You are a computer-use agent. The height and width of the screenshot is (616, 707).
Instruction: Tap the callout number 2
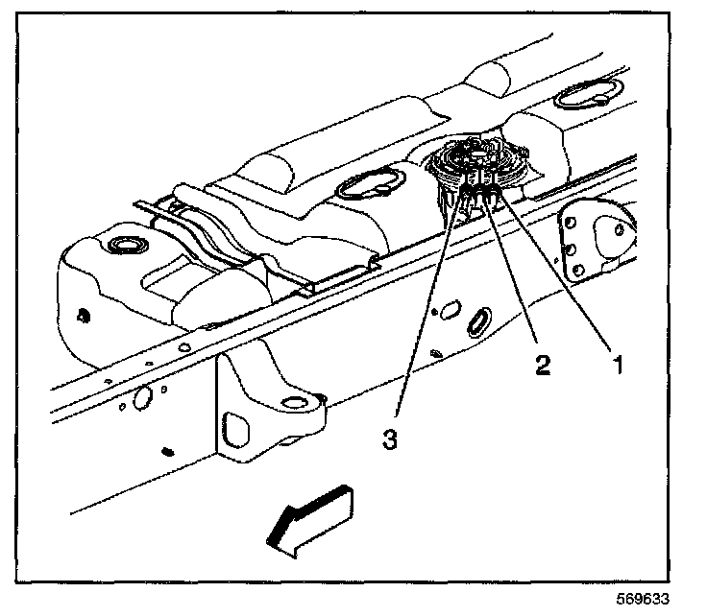pos(543,365)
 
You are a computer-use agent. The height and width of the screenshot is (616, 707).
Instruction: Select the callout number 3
pos(390,439)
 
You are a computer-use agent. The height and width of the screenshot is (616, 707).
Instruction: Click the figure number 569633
pos(643,599)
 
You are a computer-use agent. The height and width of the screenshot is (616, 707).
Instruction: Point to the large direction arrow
pos(311,521)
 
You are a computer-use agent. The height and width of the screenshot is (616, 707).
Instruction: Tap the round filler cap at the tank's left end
pos(128,246)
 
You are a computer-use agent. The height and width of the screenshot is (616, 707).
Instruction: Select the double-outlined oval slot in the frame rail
pos(478,321)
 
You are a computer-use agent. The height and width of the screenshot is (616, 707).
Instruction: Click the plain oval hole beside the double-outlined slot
pos(451,310)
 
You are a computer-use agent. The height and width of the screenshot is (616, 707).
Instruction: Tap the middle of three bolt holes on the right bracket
pos(572,249)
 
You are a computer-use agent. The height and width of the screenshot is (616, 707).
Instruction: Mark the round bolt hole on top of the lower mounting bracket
pos(295,402)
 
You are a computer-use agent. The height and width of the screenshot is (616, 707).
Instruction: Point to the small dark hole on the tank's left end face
pos(82,316)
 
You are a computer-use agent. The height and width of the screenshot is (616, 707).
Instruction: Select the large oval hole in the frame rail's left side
pos(143,397)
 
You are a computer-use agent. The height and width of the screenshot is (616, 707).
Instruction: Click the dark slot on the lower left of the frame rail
pos(168,451)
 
